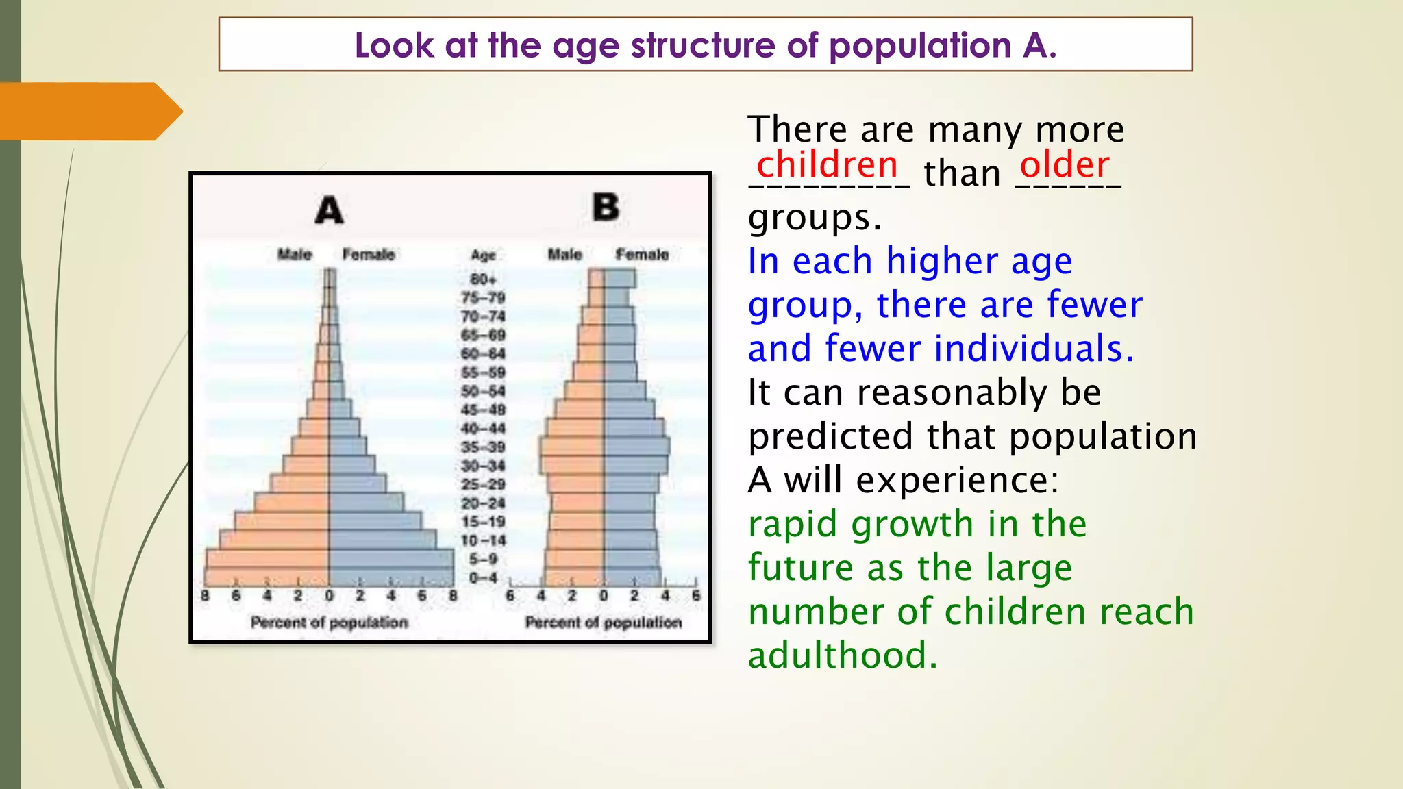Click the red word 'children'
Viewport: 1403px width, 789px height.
pos(827,165)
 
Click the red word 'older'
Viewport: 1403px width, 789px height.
pos(1064,165)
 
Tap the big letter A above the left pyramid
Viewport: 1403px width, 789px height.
pos(329,210)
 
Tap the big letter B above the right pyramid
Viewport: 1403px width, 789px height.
pos(606,207)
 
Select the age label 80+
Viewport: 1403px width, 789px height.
pos(483,279)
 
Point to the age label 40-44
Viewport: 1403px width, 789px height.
pos(483,429)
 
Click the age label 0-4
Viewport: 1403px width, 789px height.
pos(483,578)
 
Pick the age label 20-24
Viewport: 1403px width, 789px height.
pos(483,503)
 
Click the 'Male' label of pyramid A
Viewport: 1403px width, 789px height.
pos(295,255)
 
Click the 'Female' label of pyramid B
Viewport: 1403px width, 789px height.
pos(642,255)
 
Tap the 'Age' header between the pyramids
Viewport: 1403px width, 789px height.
pos(483,255)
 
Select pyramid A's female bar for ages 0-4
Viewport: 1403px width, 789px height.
pos(390,577)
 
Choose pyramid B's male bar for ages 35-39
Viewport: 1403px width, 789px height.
pos(572,447)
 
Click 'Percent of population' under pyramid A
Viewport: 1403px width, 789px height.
pos(329,623)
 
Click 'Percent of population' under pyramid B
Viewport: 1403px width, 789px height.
pos(604,623)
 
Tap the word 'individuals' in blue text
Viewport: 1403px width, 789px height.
pos(1028,349)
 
